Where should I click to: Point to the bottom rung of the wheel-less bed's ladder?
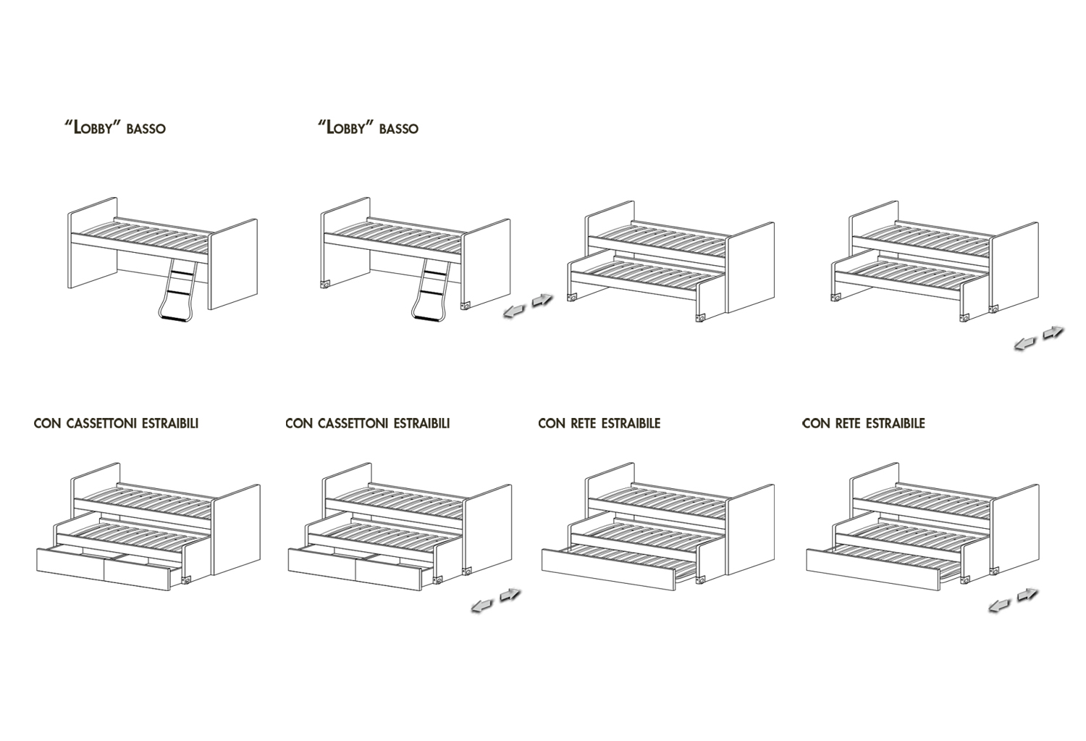pos(174,317)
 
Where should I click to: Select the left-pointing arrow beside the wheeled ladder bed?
pos(513,312)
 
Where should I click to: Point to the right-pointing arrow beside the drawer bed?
pos(510,594)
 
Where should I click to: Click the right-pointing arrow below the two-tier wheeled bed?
pos(1053,332)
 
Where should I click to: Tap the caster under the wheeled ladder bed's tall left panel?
pos(325,285)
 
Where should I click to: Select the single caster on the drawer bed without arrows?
pos(188,580)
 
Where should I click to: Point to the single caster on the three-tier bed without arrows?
pos(700,580)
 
